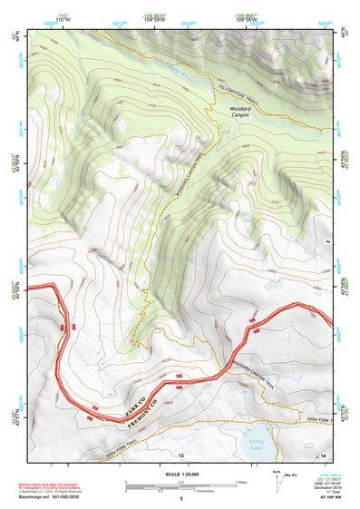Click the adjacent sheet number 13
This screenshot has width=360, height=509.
click(x=180, y=454)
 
